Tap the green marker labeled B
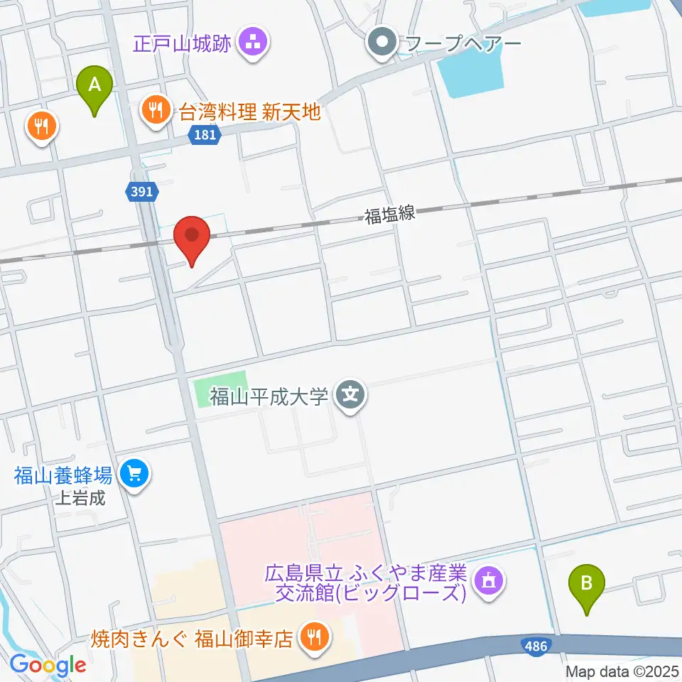[587, 584]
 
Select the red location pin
[192, 237]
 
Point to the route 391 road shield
[141, 190]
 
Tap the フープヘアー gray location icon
[383, 44]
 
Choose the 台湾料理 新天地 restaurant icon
[155, 110]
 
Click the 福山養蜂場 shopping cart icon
[134, 473]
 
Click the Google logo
[48, 666]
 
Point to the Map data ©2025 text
[623, 671]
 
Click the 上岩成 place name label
[80, 498]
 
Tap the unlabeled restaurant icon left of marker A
[41, 126]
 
